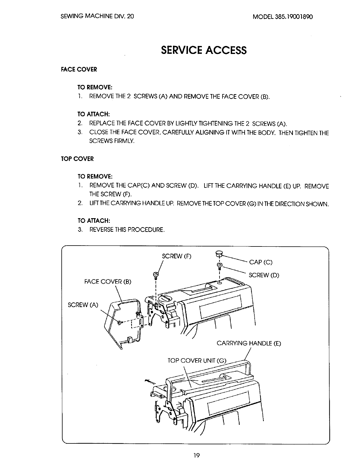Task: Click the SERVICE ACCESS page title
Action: tap(203, 50)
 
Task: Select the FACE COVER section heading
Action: tap(79, 70)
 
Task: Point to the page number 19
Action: tap(197, 455)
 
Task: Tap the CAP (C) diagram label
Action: tap(261, 262)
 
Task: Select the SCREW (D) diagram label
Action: tap(264, 275)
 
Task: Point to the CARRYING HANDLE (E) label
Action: tap(249, 343)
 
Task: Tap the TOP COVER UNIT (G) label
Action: tap(197, 361)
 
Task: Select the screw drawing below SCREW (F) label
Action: tap(155, 276)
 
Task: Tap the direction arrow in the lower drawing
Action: tap(150, 382)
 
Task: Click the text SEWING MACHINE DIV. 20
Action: tap(97, 17)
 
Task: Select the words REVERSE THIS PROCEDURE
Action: tap(127, 230)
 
